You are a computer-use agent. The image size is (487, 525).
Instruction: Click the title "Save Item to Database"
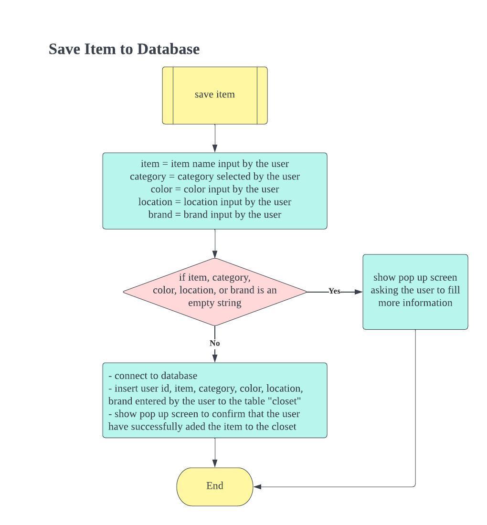pos(124,49)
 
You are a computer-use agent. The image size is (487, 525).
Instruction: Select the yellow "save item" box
pos(215,95)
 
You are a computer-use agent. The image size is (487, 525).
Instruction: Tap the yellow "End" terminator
pos(215,486)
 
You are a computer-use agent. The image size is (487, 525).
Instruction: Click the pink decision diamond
pos(215,291)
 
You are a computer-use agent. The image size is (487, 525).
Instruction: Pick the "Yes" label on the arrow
pos(334,291)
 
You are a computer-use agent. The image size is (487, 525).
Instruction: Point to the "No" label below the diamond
pos(215,343)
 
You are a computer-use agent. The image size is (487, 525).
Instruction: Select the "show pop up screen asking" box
pos(415,291)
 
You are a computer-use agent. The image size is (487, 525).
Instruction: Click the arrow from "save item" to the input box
pos(215,138)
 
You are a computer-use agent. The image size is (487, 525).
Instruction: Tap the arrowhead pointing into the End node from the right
pos(258,487)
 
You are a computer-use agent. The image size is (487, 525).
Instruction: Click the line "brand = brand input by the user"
pos(215,215)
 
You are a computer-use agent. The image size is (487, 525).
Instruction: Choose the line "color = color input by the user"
pos(215,189)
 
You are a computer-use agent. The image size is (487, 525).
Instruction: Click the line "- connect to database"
pos(153,376)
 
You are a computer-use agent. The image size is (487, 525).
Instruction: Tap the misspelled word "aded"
pos(197,427)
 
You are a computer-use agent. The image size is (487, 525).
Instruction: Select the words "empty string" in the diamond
pos(215,303)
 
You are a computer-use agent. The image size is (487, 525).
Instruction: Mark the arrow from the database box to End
pos(215,452)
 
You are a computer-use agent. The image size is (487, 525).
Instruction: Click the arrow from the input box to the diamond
pos(215,243)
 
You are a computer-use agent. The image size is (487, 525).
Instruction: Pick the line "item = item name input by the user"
pos(215,164)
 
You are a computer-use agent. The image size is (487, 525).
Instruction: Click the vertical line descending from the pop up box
pos(415,406)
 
